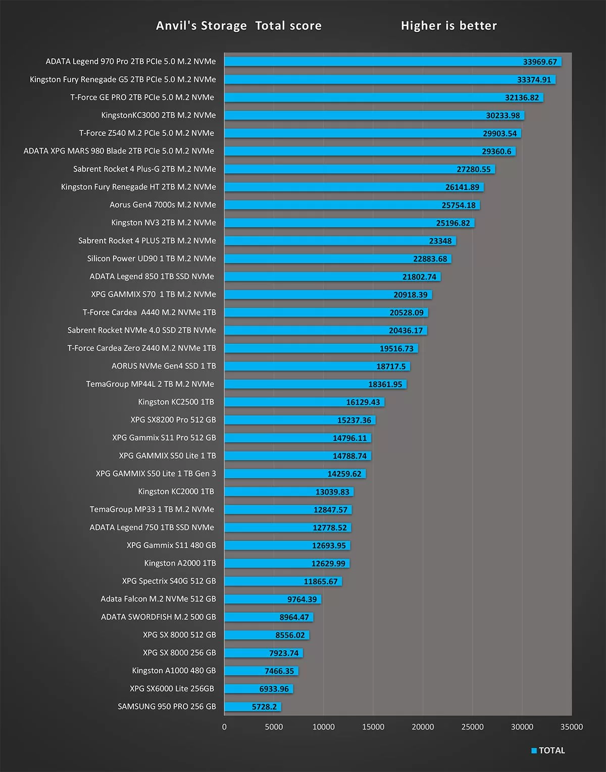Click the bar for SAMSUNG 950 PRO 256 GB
(x=252, y=707)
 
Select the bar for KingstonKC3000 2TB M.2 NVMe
(x=374, y=116)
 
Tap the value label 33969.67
(x=540, y=62)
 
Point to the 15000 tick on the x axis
(x=373, y=727)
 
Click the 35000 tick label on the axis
(x=571, y=727)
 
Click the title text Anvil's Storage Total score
(x=238, y=26)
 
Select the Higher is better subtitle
(x=448, y=26)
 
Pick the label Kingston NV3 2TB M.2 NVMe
(x=164, y=223)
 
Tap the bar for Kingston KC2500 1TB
(x=305, y=402)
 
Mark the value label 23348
(x=440, y=241)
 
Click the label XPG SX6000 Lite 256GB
(x=172, y=689)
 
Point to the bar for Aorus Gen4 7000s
(x=352, y=205)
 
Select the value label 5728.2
(x=264, y=707)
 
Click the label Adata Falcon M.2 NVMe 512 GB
(x=158, y=599)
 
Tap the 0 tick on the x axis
(x=225, y=727)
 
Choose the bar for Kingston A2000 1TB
(x=287, y=563)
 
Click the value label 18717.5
(x=391, y=366)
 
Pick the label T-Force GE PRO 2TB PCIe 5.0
(x=142, y=98)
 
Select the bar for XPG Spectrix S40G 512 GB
(x=283, y=582)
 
